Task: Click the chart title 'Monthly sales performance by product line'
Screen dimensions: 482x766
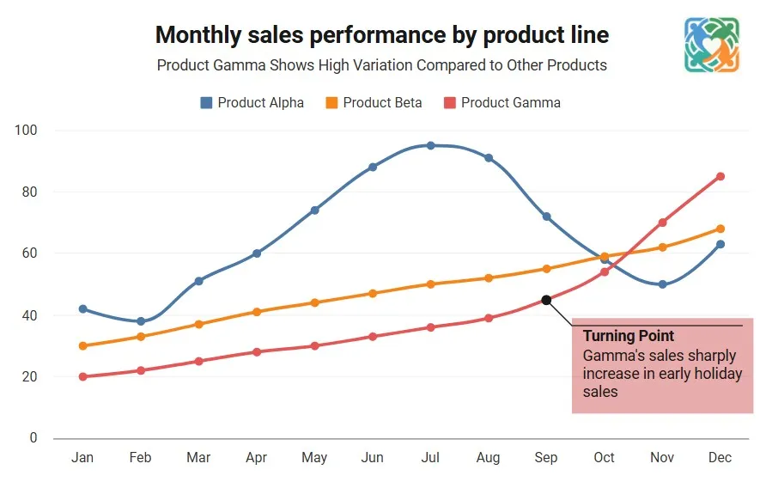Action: point(382,34)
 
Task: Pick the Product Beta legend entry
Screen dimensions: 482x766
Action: point(374,102)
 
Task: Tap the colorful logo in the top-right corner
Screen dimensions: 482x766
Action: point(712,45)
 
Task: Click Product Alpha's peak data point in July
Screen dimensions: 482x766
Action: point(430,145)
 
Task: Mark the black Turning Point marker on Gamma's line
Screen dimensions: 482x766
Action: point(546,300)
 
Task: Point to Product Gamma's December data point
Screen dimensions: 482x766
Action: point(720,176)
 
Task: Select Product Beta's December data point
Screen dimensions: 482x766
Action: point(720,229)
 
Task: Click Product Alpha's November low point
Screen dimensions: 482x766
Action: point(662,284)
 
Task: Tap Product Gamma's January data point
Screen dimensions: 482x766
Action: point(82,376)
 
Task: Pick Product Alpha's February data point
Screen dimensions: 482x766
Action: point(140,321)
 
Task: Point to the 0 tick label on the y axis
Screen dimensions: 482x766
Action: point(33,438)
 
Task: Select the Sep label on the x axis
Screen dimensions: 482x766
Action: point(546,457)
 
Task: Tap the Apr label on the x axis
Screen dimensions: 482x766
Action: point(256,457)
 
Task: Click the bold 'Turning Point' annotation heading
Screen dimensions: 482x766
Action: point(629,336)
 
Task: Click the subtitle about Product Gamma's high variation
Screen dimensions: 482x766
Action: point(382,65)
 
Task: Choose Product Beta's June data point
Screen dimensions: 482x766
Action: point(372,293)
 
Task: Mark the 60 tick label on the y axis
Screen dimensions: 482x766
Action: point(29,253)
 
